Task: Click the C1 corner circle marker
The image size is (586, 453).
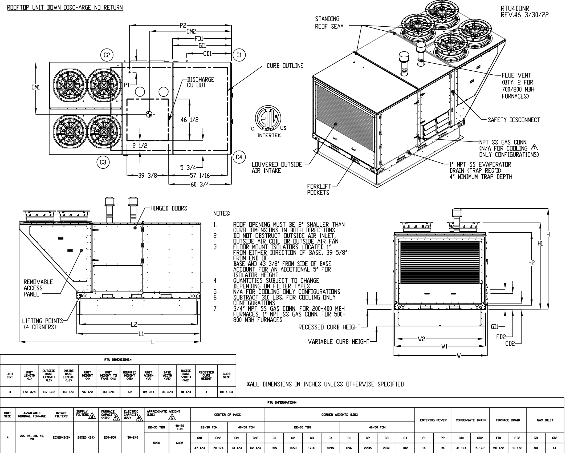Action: (x=239, y=55)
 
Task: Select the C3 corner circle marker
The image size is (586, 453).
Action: (x=103, y=162)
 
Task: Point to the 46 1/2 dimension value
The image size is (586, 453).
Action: (x=189, y=120)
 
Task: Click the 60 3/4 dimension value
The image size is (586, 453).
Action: (x=200, y=184)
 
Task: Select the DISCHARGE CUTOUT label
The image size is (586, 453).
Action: (x=200, y=82)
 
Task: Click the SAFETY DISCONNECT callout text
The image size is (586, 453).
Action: (x=514, y=120)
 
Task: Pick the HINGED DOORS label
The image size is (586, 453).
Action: (x=169, y=208)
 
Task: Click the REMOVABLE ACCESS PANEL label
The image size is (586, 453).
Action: (x=38, y=288)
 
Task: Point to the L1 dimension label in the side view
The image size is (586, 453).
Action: (x=141, y=334)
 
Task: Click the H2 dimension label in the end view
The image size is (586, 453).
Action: (x=531, y=263)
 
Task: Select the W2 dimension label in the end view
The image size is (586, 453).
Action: (x=422, y=339)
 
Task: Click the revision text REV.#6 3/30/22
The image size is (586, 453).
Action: (x=524, y=15)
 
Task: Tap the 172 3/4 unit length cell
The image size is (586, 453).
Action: (x=29, y=392)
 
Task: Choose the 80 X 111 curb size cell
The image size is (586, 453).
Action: (x=226, y=392)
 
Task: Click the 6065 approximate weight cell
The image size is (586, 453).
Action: (x=180, y=443)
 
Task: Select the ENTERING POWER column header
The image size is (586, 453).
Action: (x=433, y=420)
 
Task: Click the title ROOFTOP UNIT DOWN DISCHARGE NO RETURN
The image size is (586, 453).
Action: (x=65, y=7)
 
